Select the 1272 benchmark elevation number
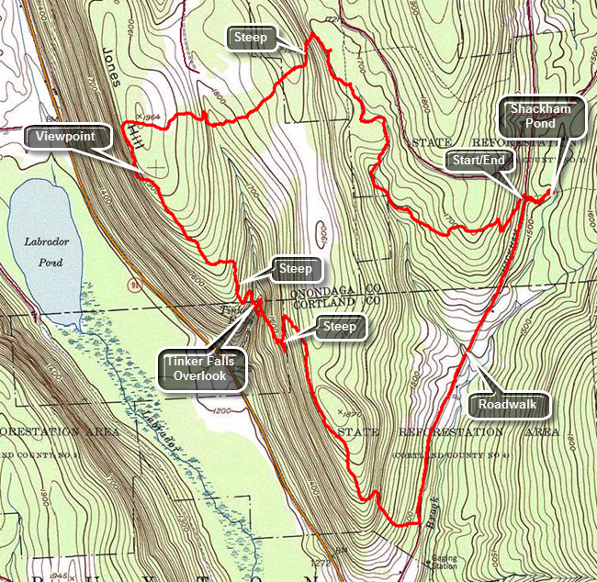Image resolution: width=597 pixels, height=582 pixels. (x=321, y=562)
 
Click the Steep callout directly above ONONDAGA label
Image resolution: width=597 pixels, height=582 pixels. (x=296, y=270)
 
